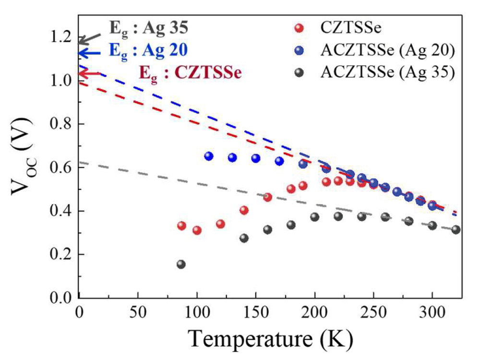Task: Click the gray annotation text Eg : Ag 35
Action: [149, 28]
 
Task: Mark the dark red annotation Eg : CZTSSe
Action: [190, 73]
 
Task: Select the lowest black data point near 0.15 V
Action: [181, 264]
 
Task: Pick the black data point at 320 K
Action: [456, 229]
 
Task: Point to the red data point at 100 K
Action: [197, 230]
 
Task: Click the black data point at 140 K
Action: [244, 238]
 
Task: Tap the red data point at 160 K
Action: [267, 197]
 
